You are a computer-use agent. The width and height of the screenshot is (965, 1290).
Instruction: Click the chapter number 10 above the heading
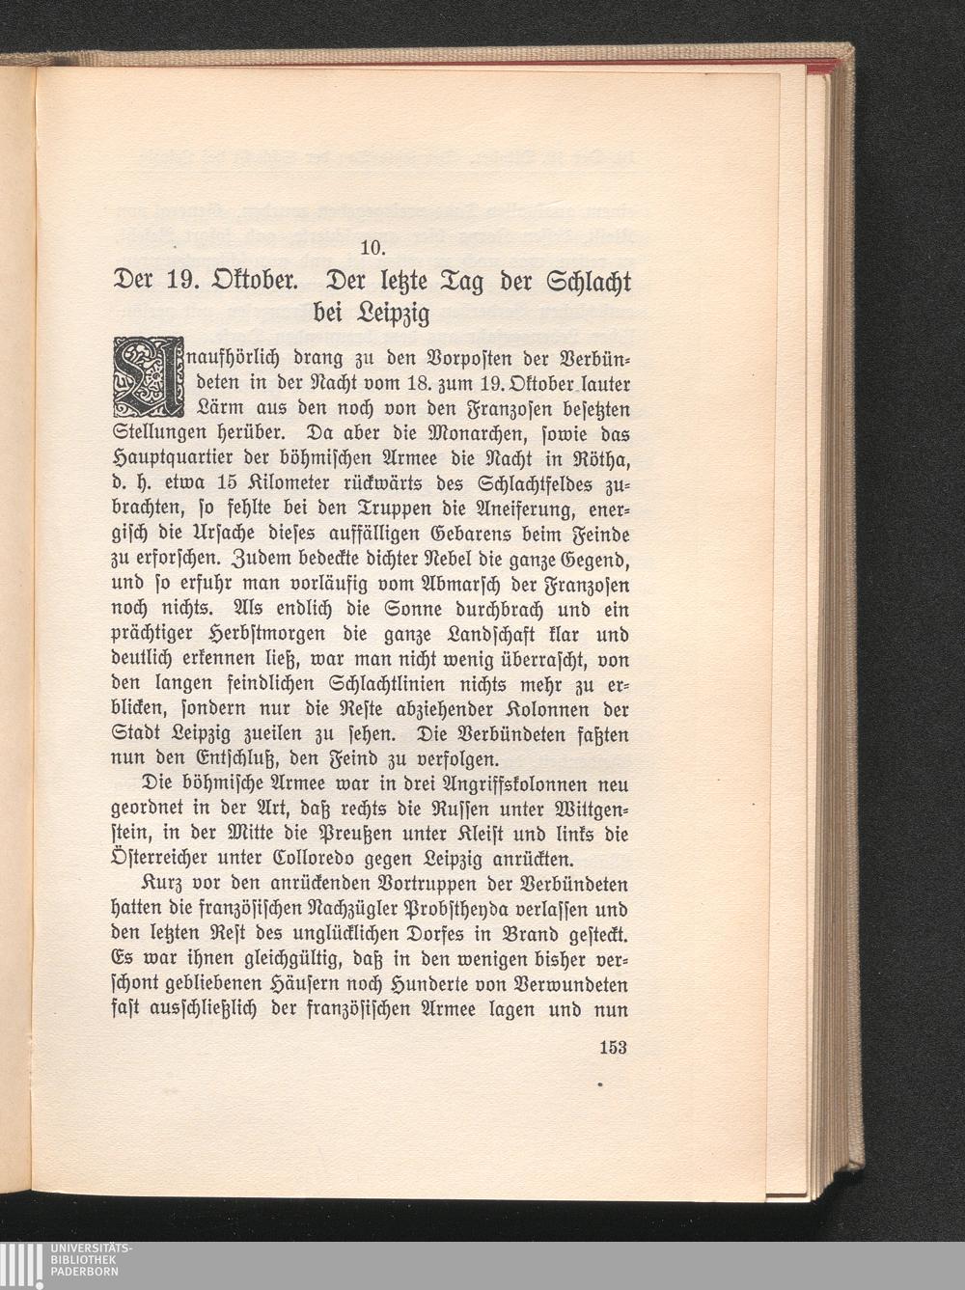[x=372, y=247]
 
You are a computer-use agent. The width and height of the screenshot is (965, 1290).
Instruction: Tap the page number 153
[x=613, y=1047]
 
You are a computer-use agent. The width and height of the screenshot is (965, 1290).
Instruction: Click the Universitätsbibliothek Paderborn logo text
[x=92, y=1260]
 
